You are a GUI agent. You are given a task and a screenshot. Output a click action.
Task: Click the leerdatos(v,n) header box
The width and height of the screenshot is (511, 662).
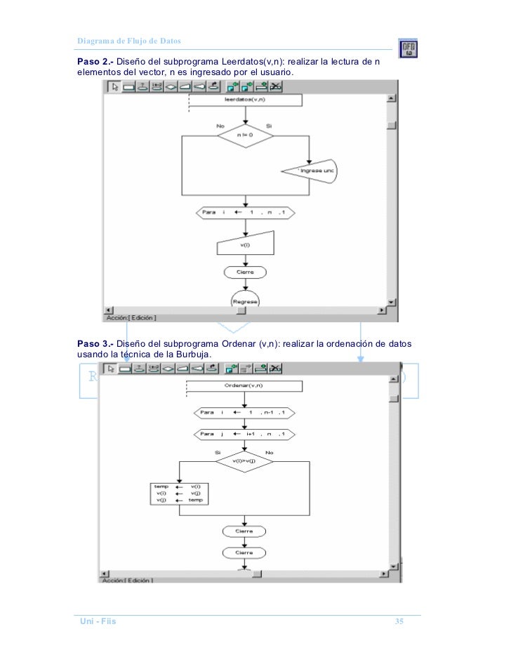pos(245,100)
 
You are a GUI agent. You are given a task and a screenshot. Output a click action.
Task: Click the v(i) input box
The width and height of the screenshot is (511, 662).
pos(245,245)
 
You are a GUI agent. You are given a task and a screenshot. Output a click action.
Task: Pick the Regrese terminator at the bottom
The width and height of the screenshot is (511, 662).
pos(245,300)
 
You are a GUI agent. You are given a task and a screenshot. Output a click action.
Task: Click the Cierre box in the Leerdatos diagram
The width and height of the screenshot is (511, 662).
pos(245,272)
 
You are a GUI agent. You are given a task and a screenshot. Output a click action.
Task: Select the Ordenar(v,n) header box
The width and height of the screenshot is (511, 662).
pos(245,386)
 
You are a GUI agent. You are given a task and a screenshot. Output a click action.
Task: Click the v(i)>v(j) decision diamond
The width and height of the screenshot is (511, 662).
pos(245,461)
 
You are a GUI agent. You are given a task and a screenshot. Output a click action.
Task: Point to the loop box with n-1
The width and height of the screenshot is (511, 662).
pos(245,413)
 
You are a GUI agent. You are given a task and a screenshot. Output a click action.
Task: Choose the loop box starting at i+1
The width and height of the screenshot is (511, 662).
pos(245,434)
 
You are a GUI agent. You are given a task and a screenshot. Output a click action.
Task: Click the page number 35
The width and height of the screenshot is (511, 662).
pos(399,622)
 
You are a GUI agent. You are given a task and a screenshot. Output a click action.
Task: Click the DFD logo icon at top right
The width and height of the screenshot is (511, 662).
pos(409,48)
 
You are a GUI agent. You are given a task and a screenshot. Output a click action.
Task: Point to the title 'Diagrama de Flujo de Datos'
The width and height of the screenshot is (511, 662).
pos(128,41)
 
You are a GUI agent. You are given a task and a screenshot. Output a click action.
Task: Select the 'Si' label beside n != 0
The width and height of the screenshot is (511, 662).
pos(268,126)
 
